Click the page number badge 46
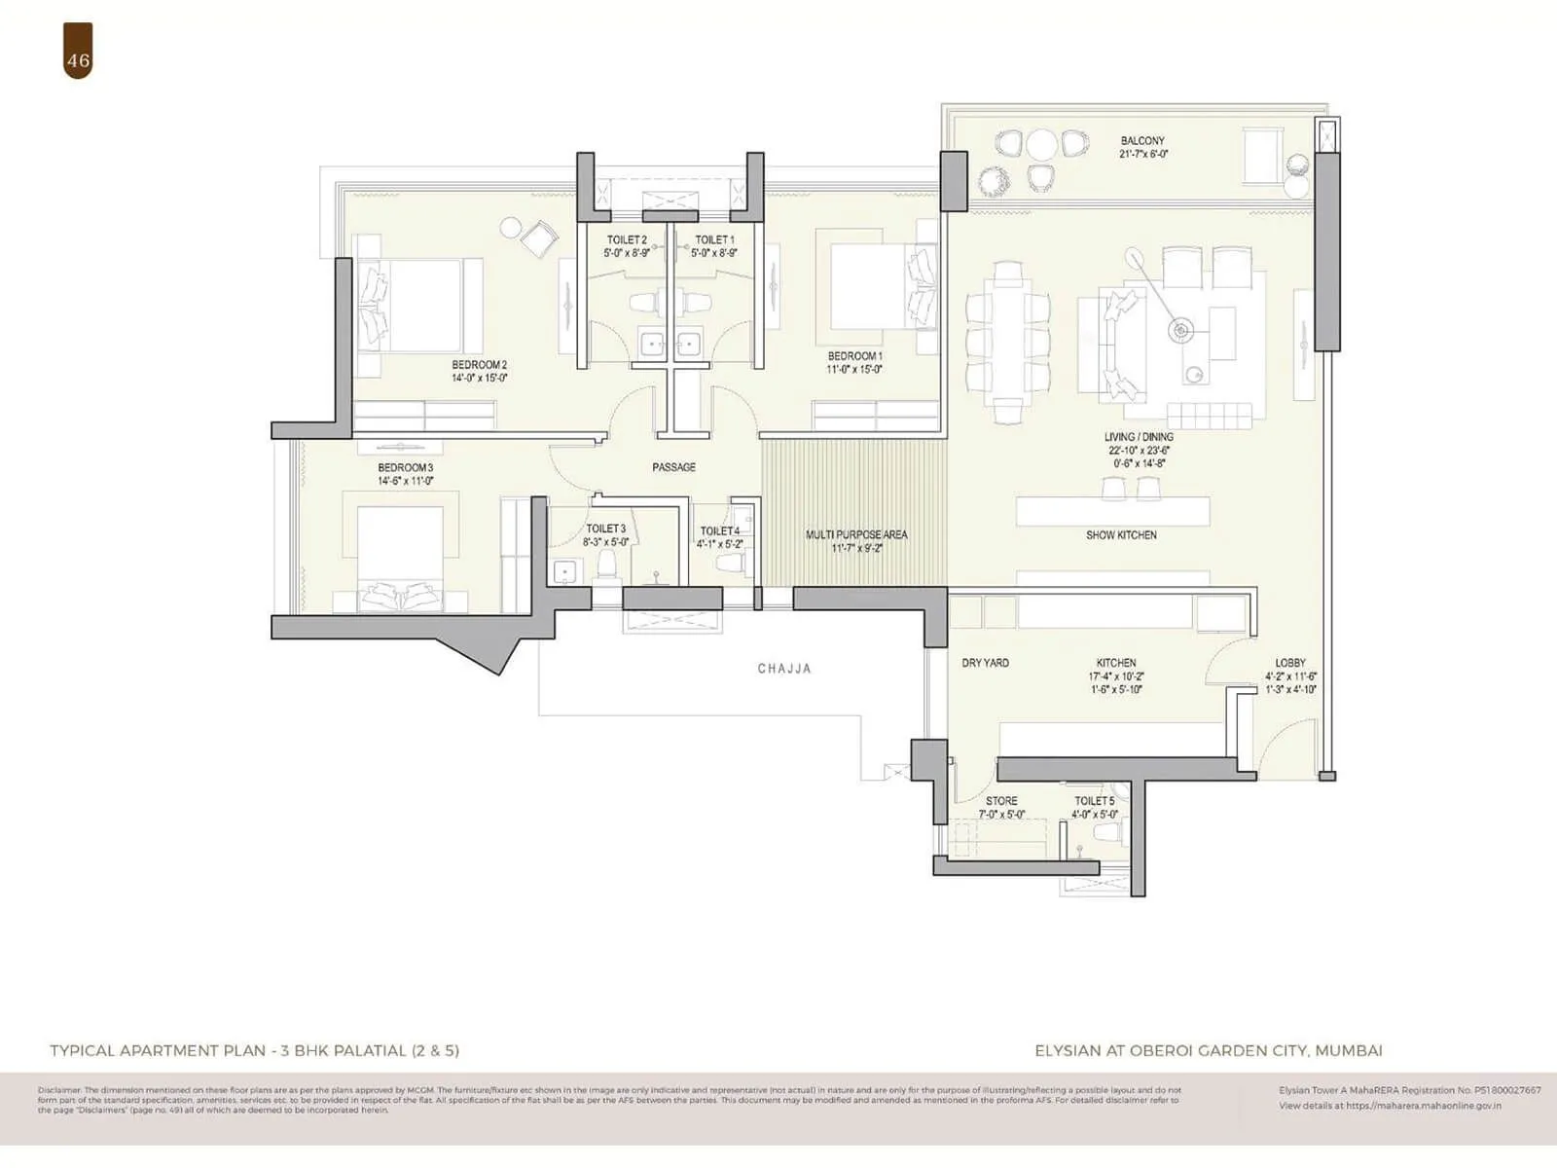coord(78,60)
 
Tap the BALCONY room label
coord(1142,141)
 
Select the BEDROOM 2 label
coord(479,365)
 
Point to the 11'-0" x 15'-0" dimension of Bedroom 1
coord(854,370)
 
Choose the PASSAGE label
coord(673,467)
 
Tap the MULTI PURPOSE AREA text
coord(856,534)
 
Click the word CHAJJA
coord(784,669)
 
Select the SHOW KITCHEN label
coord(1121,535)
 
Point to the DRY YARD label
coord(985,663)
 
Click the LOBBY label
coord(1290,663)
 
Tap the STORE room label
coord(1001,801)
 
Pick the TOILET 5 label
coord(1094,801)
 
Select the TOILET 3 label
coord(605,529)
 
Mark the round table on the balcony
coord(1041,145)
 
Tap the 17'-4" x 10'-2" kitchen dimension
coord(1116,676)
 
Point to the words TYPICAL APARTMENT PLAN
coord(157,1050)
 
